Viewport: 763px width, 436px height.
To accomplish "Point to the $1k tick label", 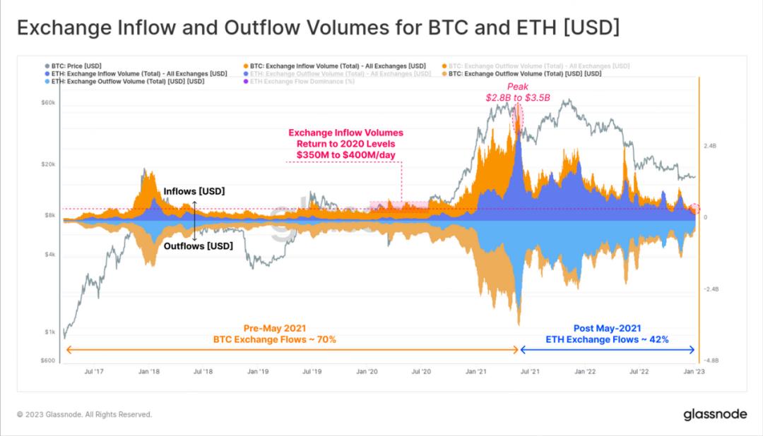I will point(50,332).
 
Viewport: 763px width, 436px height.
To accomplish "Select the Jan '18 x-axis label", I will point(148,371).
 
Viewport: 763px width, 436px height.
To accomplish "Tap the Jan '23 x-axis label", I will point(693,371).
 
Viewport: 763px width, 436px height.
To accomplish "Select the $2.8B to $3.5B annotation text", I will point(518,97).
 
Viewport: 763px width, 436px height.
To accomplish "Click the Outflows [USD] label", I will point(198,246).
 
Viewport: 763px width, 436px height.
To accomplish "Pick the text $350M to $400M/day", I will point(345,155).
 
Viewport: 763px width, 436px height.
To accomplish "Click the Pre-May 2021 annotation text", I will point(274,328).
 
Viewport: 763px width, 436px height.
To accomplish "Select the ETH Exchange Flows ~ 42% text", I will point(607,339).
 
